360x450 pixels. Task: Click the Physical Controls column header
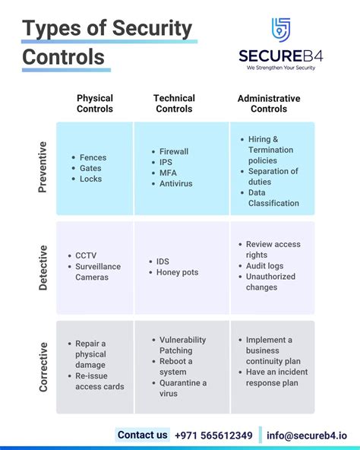(95, 103)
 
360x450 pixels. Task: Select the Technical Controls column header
(174, 103)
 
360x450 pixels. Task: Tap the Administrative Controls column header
(269, 103)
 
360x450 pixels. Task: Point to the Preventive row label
(43, 166)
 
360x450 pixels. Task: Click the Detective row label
(43, 268)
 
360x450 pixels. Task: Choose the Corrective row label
(43, 366)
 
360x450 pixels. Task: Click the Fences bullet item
(93, 157)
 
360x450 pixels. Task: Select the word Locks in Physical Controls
(90, 179)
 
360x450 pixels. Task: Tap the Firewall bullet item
(175, 152)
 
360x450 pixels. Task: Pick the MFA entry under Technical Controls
(169, 173)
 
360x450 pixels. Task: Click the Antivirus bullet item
(175, 184)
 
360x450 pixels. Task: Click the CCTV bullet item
(86, 256)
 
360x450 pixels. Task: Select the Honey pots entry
(177, 272)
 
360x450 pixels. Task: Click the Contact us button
(143, 436)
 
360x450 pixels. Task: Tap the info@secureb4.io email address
(306, 436)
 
